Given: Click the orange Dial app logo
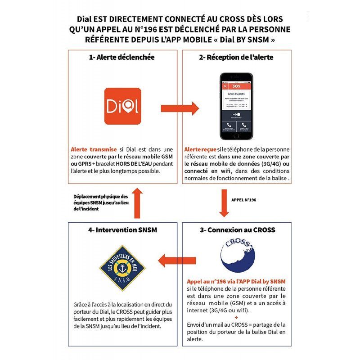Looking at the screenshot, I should coord(122,106).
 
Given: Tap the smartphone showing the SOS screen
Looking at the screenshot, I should coord(236,106).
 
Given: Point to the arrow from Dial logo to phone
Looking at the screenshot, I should coord(180,108).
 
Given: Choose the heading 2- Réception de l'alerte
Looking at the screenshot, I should coord(237,57).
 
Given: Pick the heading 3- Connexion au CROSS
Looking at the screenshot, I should coord(237,229).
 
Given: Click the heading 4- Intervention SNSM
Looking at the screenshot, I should coord(122,229).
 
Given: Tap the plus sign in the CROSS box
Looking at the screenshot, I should coord(237,318).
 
